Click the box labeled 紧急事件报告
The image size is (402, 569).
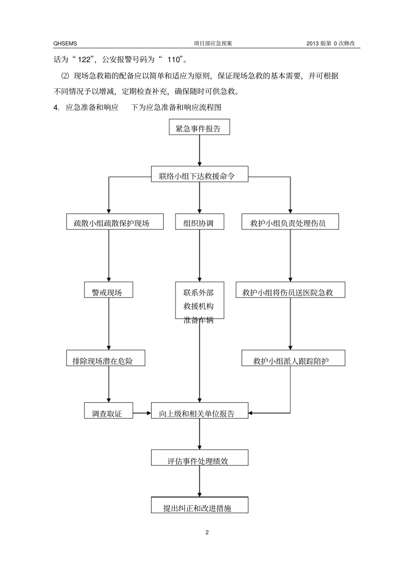tap(199, 127)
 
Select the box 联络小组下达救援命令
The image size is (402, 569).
tap(199, 174)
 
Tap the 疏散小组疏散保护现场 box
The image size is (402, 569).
tap(115, 222)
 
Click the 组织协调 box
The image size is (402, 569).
tap(199, 222)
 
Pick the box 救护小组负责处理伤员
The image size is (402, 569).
tap(290, 222)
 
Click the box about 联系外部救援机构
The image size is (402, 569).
tap(199, 300)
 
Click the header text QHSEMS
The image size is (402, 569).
tap(65, 44)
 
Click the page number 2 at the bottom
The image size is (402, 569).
tap(207, 532)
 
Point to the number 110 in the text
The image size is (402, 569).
tap(174, 60)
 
